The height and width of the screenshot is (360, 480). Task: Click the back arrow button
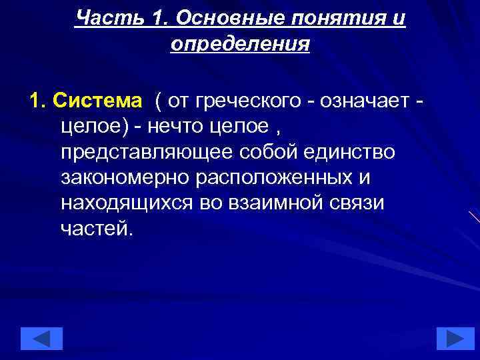pyautogui.click(x=41, y=339)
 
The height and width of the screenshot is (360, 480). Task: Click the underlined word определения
pyautogui.click(x=240, y=44)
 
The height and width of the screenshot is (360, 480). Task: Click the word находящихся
pyautogui.click(x=127, y=202)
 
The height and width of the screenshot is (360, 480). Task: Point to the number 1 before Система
pyautogui.click(x=35, y=101)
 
